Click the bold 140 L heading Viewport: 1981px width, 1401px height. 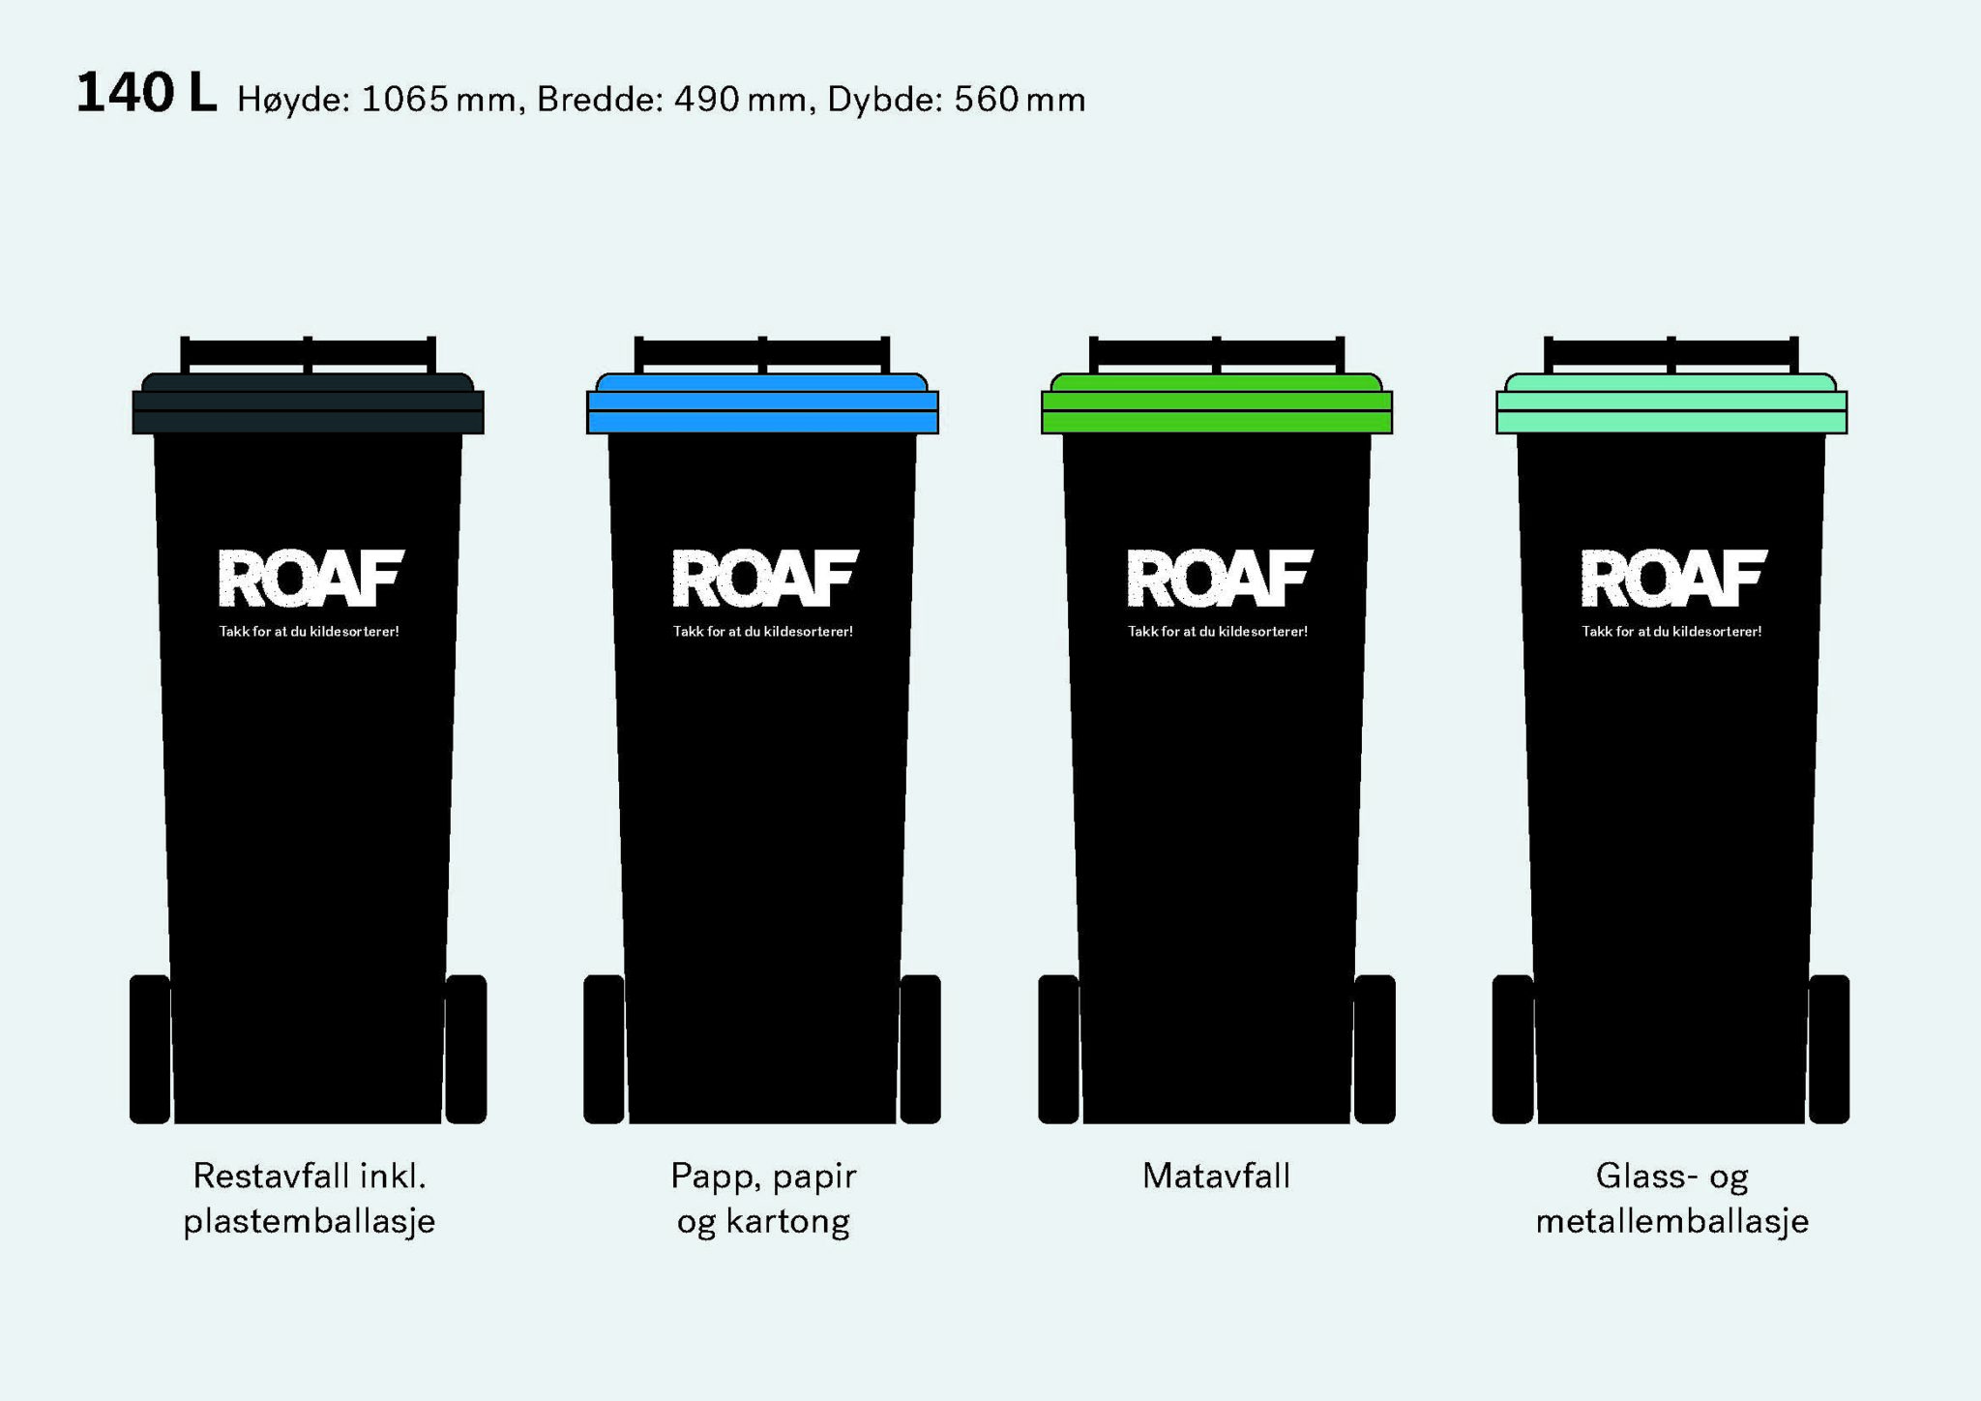(146, 94)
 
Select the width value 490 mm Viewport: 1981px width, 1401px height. (740, 99)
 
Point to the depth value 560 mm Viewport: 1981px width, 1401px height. (1020, 99)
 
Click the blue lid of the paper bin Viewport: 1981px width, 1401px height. (762, 403)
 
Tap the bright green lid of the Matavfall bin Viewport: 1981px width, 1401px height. (1217, 403)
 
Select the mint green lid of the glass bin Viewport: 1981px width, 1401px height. (1671, 403)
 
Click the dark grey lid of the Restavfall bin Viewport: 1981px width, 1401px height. (308, 403)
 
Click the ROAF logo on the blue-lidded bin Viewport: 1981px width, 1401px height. (765, 578)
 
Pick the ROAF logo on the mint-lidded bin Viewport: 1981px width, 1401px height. (1674, 578)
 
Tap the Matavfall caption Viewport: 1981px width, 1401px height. (1216, 1176)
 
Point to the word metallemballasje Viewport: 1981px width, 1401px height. (1671, 1221)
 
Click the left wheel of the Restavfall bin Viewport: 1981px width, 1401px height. (150, 1049)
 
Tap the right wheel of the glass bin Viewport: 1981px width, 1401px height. (1829, 1049)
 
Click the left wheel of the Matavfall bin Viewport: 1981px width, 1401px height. (1059, 1049)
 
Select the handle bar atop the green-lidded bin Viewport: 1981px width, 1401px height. (1217, 352)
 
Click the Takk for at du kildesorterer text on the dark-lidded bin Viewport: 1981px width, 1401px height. (309, 632)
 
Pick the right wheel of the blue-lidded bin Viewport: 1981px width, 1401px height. (920, 1049)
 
